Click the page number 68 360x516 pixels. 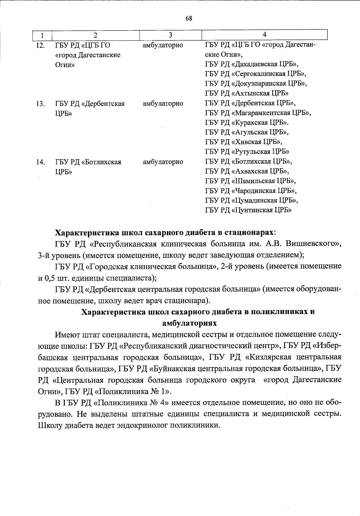pos(189,18)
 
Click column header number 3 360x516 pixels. pos(170,35)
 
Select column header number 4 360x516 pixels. pos(264,34)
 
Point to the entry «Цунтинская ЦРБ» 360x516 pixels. pos(261,210)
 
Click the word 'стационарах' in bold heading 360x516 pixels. pos(248,233)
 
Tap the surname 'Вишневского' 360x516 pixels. pos(311,244)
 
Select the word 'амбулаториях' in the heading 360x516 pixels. pos(189,323)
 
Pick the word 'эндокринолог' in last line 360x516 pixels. pos(141,425)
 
